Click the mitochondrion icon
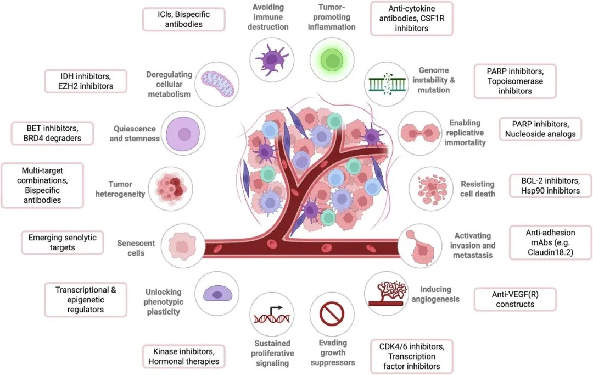click(217, 84)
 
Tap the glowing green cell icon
click(332, 60)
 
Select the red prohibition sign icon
click(332, 314)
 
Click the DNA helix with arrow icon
click(272, 315)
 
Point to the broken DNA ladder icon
click(387, 84)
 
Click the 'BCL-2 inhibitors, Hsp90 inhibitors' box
click(550, 186)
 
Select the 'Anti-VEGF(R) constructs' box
click(514, 299)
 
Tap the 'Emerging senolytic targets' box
click(63, 242)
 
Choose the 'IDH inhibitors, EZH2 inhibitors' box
click(86, 81)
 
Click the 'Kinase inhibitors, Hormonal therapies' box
click(184, 356)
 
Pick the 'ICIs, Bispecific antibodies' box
click(184, 19)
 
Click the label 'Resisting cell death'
click(477, 189)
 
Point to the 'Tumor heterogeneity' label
click(120, 189)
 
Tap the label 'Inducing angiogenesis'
click(435, 294)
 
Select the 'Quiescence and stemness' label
click(135, 134)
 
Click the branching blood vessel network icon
click(387, 293)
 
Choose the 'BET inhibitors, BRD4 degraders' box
click(52, 133)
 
